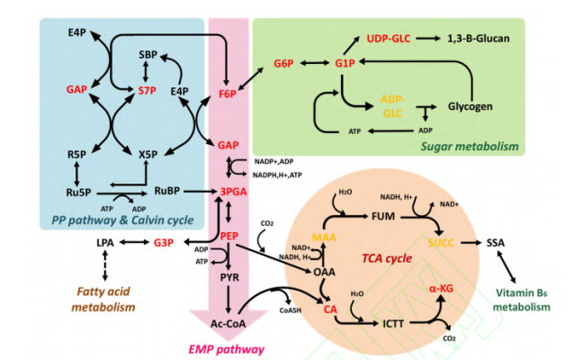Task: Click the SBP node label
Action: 148,55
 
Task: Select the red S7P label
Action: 148,91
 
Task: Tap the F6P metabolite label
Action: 228,91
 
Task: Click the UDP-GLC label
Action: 389,38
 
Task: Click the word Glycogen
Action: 471,106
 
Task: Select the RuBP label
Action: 168,191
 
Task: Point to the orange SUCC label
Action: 442,243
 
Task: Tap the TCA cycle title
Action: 388,257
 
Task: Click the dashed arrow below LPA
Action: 104,266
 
